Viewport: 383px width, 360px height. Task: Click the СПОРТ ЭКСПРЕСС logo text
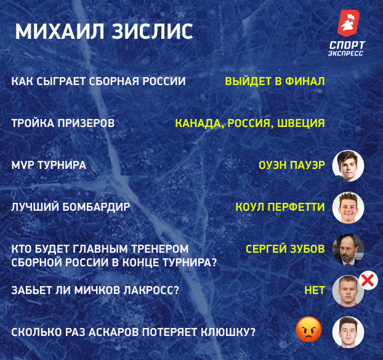347,49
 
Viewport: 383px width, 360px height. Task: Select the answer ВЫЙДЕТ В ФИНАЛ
275,81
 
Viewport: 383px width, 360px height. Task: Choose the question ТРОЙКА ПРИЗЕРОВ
63,123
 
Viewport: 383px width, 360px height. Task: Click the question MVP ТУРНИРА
49,165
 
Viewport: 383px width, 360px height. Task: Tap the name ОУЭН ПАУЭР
292,165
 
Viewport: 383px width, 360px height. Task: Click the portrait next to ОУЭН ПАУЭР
349,165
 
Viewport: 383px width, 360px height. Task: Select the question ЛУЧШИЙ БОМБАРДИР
71,207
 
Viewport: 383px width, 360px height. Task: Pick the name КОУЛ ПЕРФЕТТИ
280,207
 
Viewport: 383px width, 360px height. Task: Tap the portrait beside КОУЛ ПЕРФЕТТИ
349,208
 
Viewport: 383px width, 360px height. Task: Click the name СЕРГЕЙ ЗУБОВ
285,249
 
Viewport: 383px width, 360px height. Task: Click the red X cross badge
368,281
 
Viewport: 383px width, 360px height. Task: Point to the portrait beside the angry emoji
349,332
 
